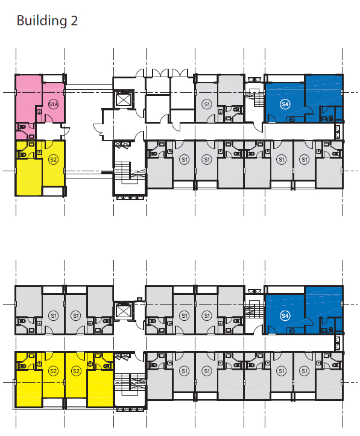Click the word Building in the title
[42, 21]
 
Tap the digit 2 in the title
[74, 21]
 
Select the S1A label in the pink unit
[53, 104]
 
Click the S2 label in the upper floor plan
[53, 160]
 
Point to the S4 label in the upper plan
[285, 104]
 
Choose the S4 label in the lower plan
[285, 315]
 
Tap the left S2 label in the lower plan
[53, 371]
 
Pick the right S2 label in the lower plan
[76, 371]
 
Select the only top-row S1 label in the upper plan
[207, 104]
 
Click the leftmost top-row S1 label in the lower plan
[53, 315]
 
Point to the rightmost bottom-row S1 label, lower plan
[305, 371]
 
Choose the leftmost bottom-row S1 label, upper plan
[184, 160]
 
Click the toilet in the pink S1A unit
[22, 127]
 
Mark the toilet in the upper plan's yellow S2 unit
[22, 154]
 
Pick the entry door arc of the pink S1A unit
[48, 119]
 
